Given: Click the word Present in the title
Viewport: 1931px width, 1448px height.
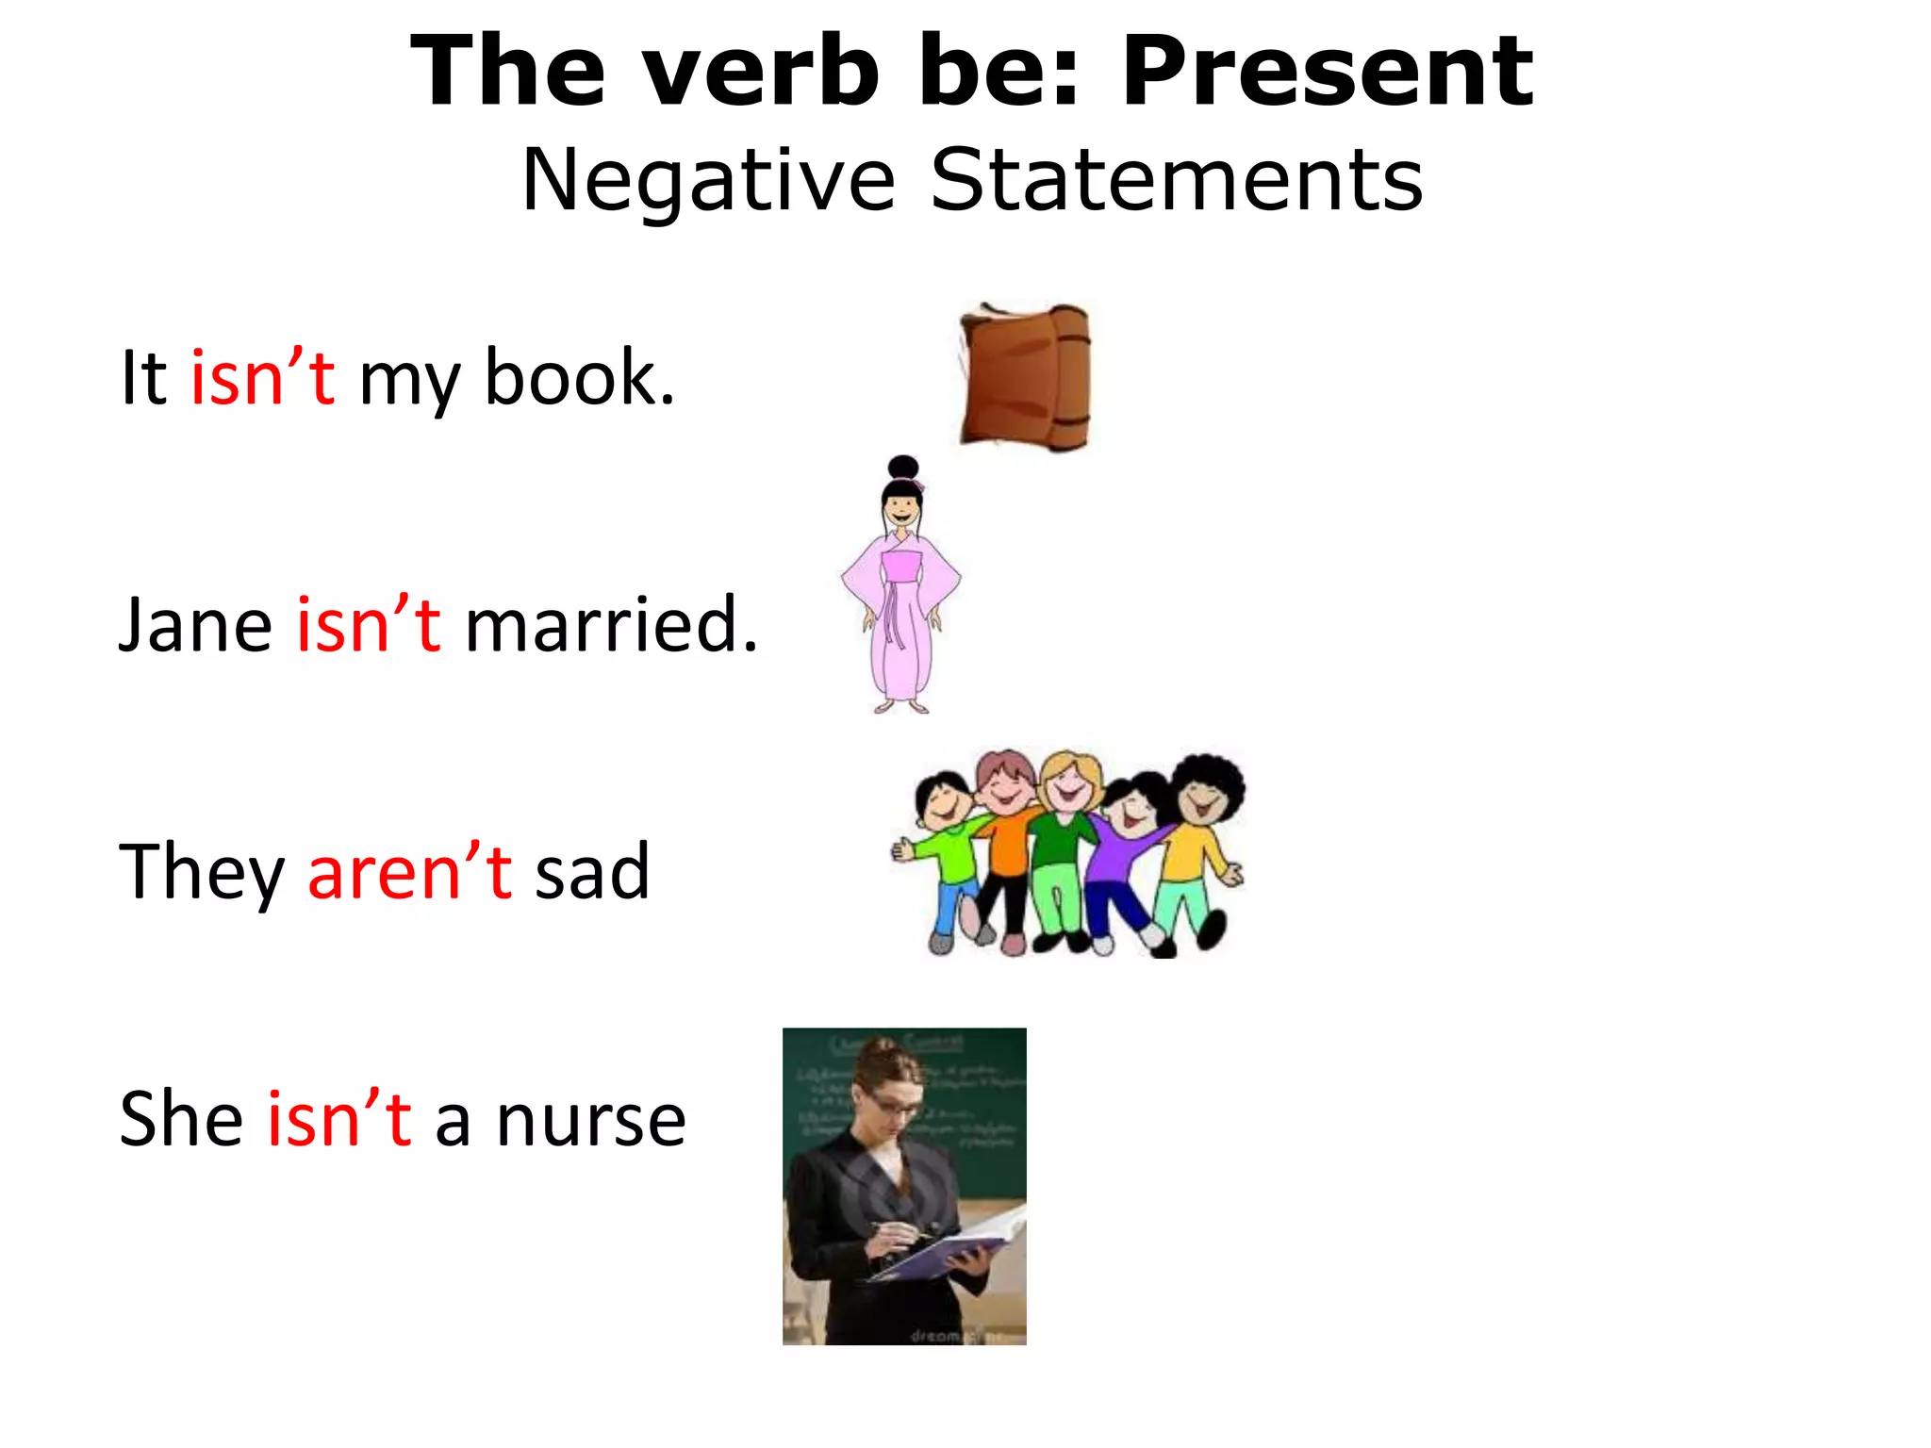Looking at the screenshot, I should [1328, 72].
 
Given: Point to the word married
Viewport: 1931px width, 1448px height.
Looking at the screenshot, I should [610, 625].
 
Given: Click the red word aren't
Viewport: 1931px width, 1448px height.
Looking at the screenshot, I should [409, 872].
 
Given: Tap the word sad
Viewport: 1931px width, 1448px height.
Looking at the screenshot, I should [592, 872].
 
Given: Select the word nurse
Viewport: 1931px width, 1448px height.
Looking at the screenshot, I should [590, 1119].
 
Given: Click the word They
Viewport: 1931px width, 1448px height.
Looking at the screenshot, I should [201, 872].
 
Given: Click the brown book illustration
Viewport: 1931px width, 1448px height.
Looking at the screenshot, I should [1025, 376].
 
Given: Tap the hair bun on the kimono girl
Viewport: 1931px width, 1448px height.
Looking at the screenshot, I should [903, 468].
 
